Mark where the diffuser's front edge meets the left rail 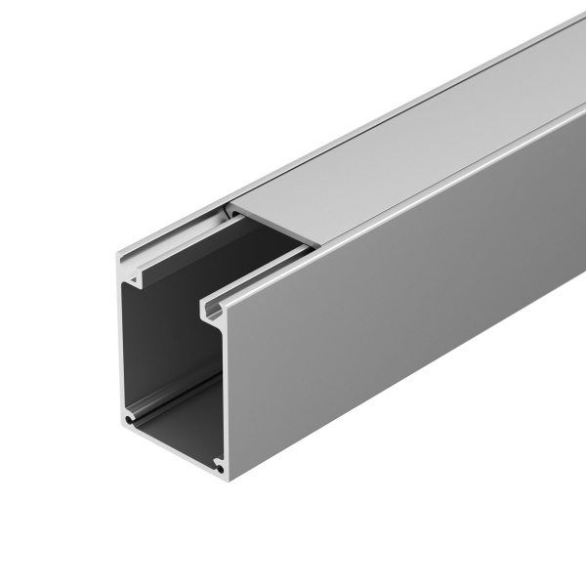(x=230, y=208)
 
